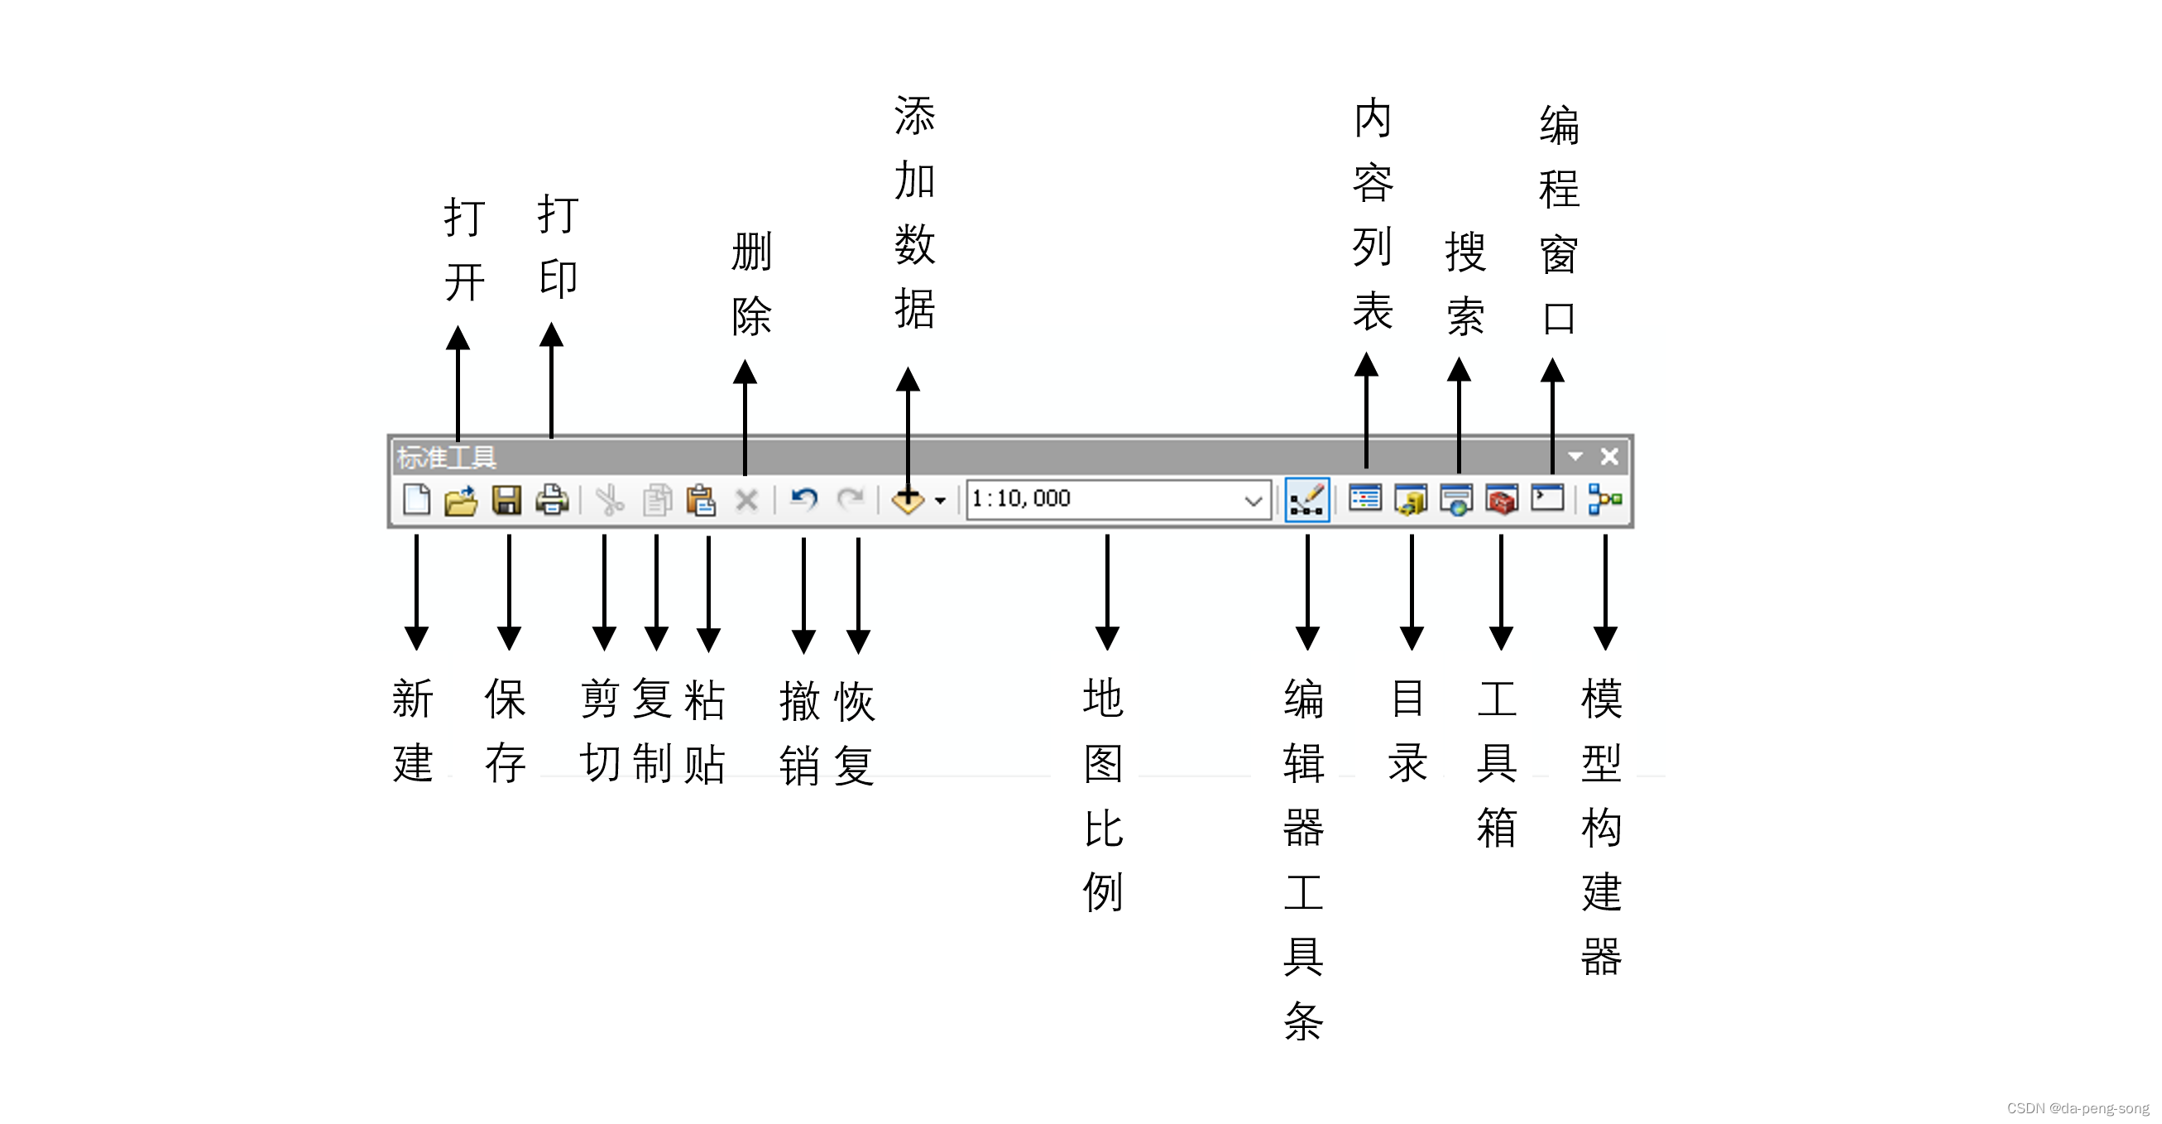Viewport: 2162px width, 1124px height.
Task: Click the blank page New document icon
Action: pos(416,500)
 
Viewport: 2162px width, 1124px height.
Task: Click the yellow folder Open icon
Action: pos(461,500)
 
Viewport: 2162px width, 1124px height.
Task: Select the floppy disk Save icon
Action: pos(506,500)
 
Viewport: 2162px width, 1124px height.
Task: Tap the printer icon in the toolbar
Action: pos(552,500)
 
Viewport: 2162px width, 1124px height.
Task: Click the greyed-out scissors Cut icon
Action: pos(609,500)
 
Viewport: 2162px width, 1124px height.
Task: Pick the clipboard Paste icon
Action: pos(701,500)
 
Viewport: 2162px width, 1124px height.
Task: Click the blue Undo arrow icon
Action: pos(804,500)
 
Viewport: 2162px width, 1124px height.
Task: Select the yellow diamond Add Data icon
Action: pos(908,501)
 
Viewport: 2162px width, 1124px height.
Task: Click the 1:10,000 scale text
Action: pos(1021,498)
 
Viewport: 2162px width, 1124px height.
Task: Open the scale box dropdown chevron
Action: pos(1253,501)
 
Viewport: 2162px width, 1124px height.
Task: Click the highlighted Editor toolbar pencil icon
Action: pos(1306,500)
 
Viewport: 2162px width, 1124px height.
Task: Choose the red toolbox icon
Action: pos(1502,500)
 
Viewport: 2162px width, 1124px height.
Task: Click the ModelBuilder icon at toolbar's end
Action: pos(1604,500)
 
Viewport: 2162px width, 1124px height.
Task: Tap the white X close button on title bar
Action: pos(1609,457)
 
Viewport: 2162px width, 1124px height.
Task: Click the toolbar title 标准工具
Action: pos(447,458)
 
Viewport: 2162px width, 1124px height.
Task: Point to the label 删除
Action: pos(751,284)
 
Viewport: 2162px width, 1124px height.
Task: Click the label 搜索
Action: pos(1465,284)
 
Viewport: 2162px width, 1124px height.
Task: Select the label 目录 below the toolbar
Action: pos(1407,730)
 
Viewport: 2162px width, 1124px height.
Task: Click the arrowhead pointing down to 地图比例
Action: pos(1107,638)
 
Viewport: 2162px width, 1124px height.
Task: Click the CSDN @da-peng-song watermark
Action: pos(2078,1108)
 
